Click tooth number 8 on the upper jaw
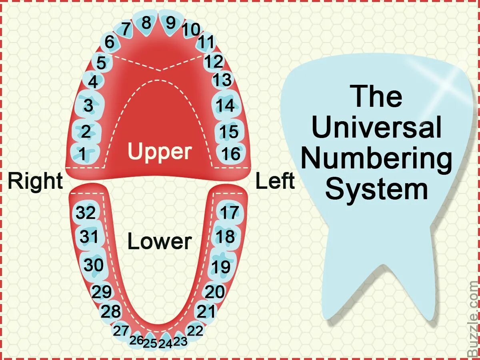[x=146, y=23]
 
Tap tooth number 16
[x=231, y=154]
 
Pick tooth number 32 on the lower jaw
[x=86, y=213]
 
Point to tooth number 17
[x=229, y=213]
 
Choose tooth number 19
[x=221, y=266]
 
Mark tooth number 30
[x=94, y=265]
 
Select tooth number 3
[x=88, y=106]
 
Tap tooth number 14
[x=225, y=106]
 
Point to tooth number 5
[x=101, y=63]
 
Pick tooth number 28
[x=110, y=311]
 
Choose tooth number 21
[x=206, y=311]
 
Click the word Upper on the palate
[x=160, y=152]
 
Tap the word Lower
[x=160, y=242]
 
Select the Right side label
[x=35, y=181]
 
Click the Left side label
[x=275, y=181]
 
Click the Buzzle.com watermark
[x=473, y=318]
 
